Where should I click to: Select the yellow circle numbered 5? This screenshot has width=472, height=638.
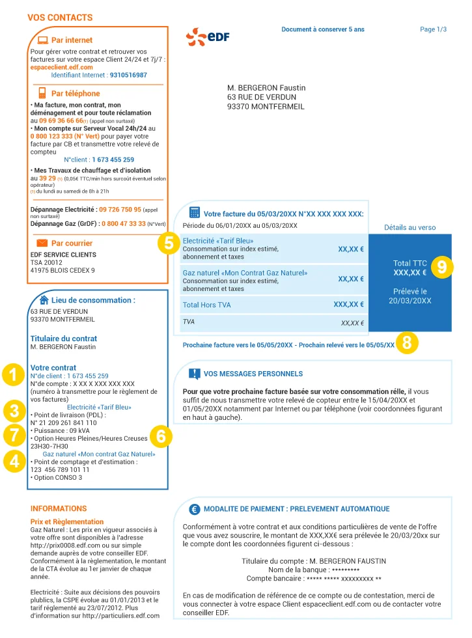(x=169, y=244)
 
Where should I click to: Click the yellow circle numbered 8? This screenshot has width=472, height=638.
(x=407, y=343)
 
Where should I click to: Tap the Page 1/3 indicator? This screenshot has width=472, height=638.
(x=434, y=29)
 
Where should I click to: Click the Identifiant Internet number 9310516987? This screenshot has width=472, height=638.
(x=128, y=76)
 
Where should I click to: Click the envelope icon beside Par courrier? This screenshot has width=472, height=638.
(x=42, y=243)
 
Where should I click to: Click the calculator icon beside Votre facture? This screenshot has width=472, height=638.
(x=194, y=213)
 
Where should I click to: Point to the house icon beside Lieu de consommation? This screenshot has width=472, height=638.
(x=44, y=300)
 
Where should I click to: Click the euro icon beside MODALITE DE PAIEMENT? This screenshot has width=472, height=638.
(x=194, y=509)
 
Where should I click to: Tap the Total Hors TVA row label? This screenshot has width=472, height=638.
(x=206, y=305)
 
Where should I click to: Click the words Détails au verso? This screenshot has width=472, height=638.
(x=410, y=228)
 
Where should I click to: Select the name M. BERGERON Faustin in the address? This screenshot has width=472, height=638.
(x=266, y=88)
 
